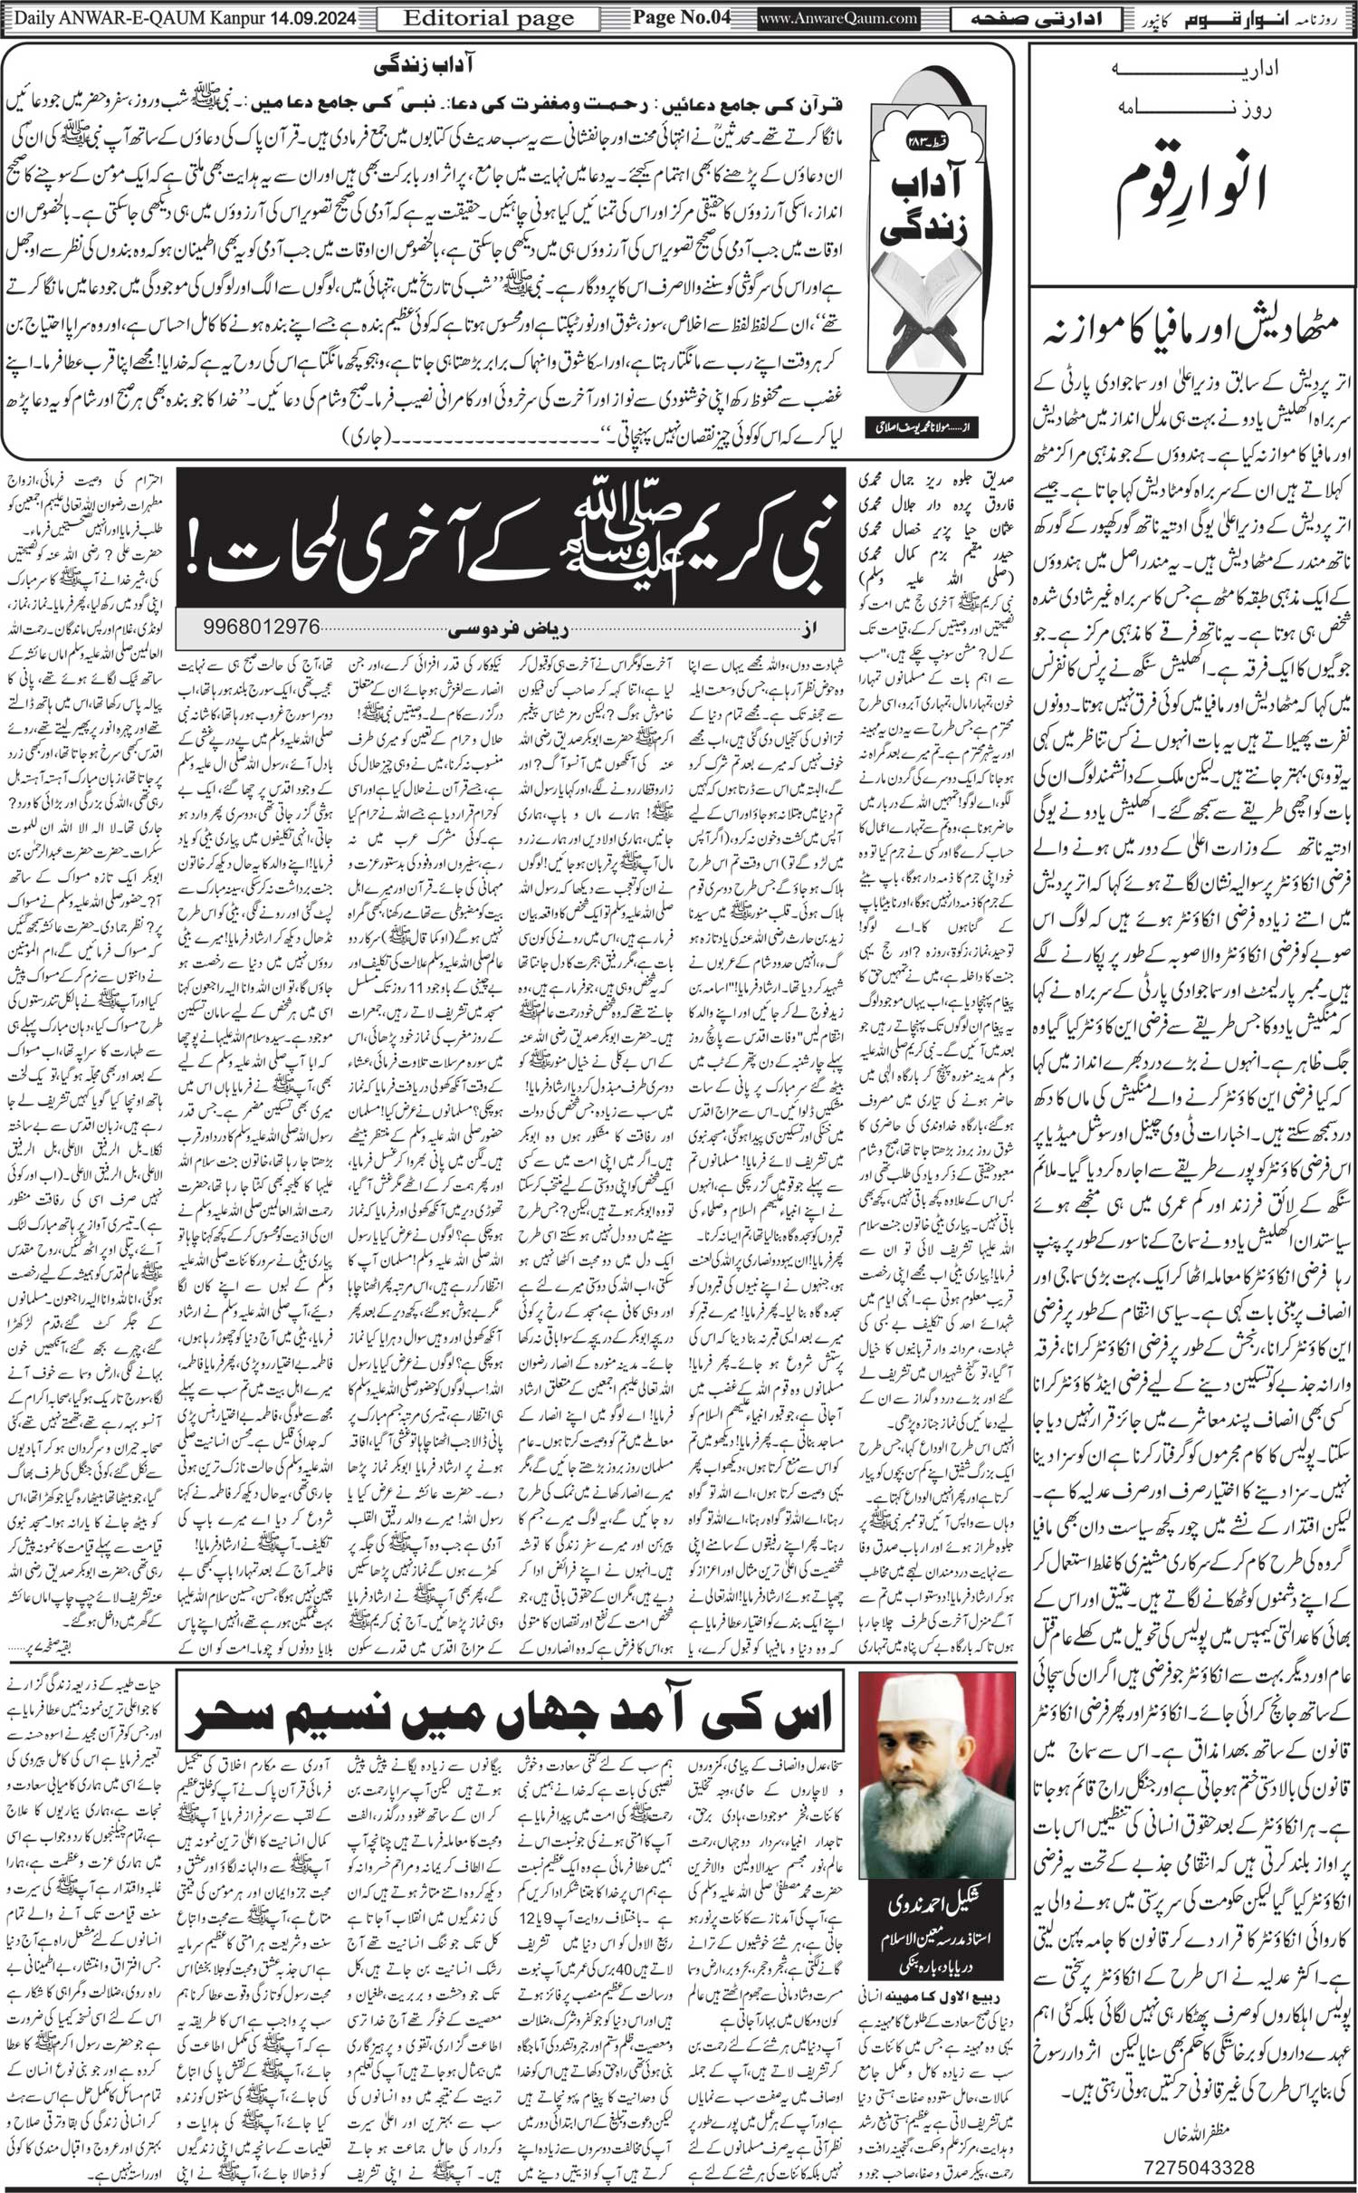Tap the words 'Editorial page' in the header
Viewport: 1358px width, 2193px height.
pyautogui.click(x=489, y=16)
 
